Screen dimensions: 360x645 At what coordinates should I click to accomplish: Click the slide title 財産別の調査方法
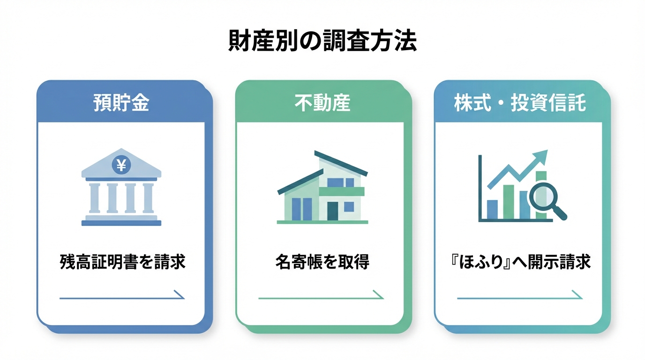[322, 41]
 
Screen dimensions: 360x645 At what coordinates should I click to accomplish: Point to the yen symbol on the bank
[121, 165]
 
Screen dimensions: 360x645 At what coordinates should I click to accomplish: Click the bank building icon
[121, 190]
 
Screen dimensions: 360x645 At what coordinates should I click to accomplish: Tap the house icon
[322, 187]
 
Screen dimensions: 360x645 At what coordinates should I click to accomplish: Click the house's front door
[332, 210]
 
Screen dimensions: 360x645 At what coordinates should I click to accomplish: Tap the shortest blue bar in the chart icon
[492, 210]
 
